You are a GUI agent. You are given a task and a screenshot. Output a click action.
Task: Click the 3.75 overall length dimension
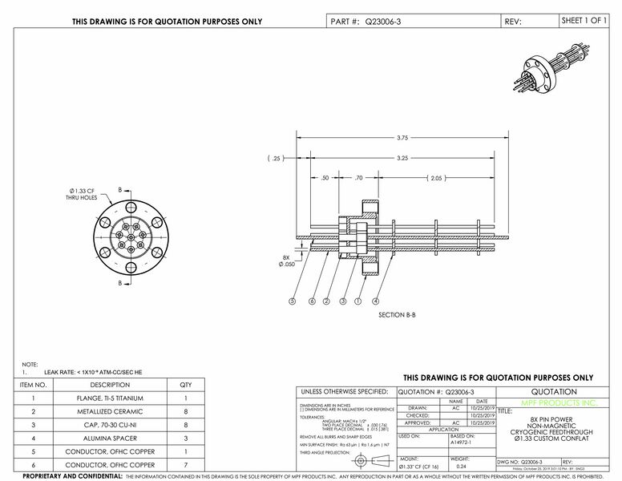coord(402,138)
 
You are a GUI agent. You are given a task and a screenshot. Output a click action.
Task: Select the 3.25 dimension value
coord(402,159)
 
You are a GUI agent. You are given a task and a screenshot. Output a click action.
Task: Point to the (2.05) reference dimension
coord(436,178)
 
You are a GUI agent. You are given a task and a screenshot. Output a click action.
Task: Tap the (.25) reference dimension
coord(277,159)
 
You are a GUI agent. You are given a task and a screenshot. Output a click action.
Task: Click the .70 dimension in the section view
coord(358,178)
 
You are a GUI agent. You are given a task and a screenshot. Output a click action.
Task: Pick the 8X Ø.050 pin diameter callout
coord(289,260)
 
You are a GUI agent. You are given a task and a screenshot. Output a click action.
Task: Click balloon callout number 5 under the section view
coord(292,301)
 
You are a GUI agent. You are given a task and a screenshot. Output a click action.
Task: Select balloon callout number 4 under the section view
coord(376,301)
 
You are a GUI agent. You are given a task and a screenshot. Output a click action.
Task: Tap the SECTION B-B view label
coord(396,316)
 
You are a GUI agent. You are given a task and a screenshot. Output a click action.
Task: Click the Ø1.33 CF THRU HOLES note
coord(82,193)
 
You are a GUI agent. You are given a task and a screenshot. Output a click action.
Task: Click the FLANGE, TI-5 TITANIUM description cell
coord(116,398)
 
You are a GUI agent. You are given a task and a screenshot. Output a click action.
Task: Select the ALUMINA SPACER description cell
coord(116,439)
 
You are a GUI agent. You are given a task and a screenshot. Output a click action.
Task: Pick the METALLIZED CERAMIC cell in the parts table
coord(116,412)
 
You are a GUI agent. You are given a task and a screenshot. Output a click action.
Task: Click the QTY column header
coord(185,385)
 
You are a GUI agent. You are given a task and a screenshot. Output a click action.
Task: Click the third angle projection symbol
coord(366,463)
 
